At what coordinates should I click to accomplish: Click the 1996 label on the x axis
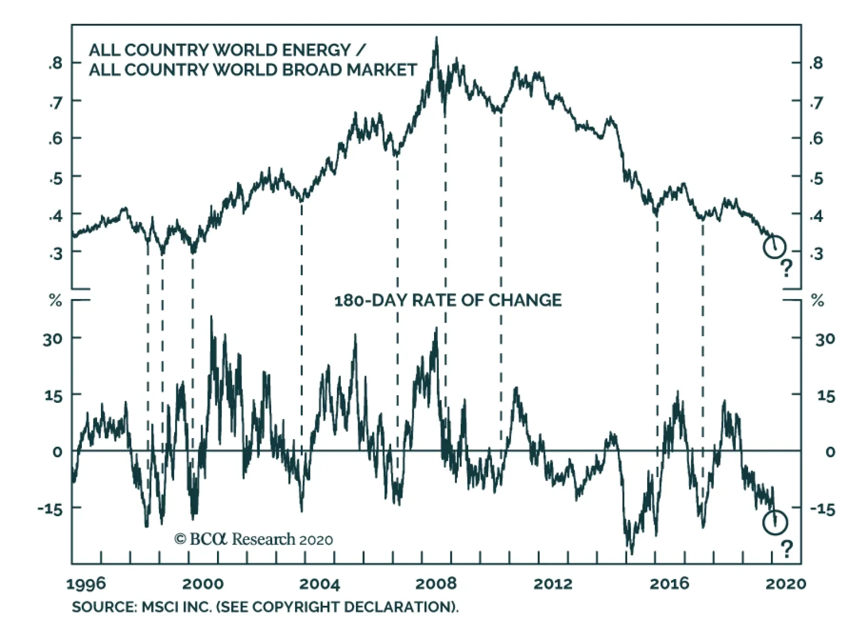click(86, 584)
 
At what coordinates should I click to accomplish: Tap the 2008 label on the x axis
click(436, 584)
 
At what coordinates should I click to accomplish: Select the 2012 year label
click(553, 584)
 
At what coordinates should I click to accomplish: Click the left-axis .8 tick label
click(55, 63)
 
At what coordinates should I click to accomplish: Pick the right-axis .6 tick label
click(815, 138)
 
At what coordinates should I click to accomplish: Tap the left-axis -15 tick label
click(50, 509)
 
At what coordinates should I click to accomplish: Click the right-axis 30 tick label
click(825, 339)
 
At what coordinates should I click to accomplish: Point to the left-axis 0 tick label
click(57, 452)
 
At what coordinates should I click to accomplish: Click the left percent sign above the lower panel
click(55, 301)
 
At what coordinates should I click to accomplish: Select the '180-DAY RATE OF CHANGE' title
click(448, 300)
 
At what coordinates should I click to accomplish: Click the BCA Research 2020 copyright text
click(253, 539)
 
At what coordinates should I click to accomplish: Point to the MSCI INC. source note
click(265, 606)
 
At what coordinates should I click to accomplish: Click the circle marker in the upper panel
click(774, 247)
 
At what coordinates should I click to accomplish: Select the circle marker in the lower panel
click(775, 523)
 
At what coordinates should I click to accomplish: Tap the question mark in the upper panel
click(786, 268)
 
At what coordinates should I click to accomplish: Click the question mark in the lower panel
click(787, 548)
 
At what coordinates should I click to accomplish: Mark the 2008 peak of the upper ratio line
click(436, 38)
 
